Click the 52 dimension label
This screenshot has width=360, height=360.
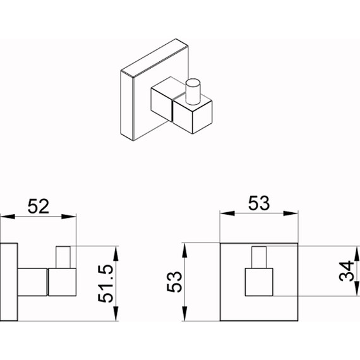39,207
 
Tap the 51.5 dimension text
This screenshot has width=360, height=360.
106,284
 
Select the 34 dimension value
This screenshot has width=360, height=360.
347,271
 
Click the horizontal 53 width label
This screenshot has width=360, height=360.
259,203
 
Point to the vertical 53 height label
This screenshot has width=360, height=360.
174,282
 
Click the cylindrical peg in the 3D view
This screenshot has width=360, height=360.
193,92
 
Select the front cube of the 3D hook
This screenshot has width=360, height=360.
193,115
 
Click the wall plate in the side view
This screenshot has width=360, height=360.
9,282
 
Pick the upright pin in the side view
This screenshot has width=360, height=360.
63,257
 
